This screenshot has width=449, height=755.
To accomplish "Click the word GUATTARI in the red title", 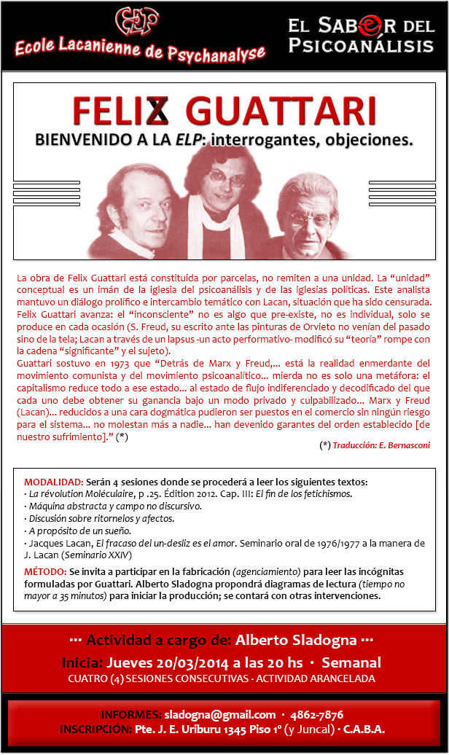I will click(x=281, y=112).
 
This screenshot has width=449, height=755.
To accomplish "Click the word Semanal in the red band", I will click(x=351, y=663).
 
